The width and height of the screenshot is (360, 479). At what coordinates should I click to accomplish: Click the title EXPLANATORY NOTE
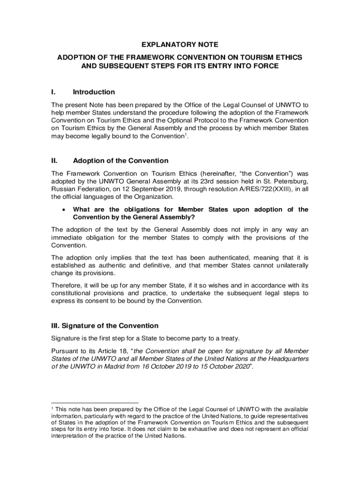(180, 45)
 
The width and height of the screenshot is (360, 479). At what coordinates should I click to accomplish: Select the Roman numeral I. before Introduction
(54, 92)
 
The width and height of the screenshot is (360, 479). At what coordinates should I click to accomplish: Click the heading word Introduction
(94, 92)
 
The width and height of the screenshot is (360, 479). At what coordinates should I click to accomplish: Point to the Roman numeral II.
(55, 161)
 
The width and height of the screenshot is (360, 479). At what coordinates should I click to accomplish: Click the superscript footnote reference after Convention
(185, 135)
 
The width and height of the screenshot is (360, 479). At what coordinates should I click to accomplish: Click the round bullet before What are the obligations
(63, 210)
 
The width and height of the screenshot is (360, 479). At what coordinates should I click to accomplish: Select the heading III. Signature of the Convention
(105, 326)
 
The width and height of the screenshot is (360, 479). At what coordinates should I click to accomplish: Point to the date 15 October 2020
(222, 367)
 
